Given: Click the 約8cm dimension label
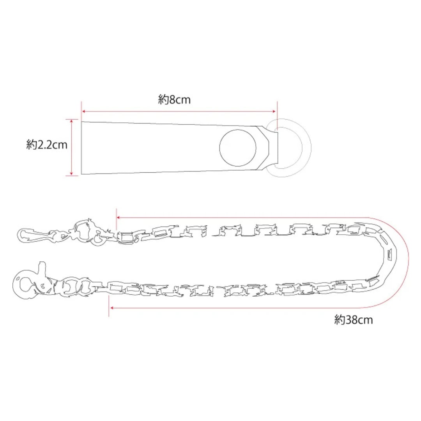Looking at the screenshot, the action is coord(174,100).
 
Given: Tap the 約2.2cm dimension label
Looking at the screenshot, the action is coord(47,145).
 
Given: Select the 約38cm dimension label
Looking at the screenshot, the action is coord(353,320).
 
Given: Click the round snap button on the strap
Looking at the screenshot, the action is coord(238,148).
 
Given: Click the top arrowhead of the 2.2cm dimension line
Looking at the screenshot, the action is coord(71,121).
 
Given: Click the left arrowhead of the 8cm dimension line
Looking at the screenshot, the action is coord(84,111).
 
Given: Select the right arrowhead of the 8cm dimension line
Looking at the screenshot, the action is coord(274,111).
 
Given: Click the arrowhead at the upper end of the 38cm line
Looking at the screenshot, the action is coord(119,218).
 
